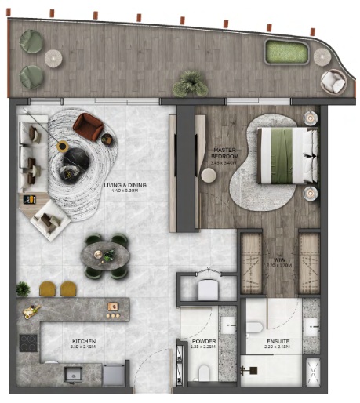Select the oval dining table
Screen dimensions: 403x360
107,256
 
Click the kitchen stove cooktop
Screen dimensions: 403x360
29,343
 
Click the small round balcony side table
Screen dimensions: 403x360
53,56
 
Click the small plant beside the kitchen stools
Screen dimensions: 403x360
24,288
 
